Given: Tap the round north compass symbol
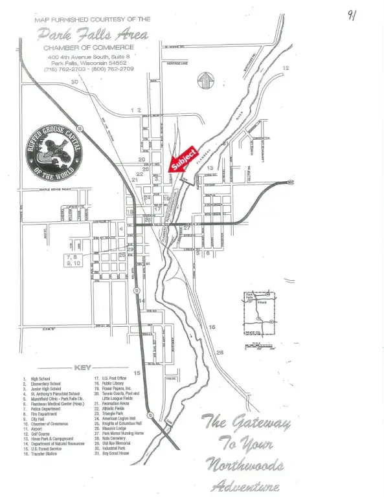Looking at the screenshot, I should coord(205,81).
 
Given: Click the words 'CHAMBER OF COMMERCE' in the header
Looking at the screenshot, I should coord(89,47).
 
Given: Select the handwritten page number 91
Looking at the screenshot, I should coord(350,14).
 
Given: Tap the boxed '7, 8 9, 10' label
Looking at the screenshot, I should coord(73,260).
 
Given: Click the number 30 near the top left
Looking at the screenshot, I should coord(74,82).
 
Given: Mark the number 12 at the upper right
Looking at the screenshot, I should coord(286,68).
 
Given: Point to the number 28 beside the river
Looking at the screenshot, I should coord(220,352).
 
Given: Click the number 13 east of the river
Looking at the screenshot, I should coord(218,168).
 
